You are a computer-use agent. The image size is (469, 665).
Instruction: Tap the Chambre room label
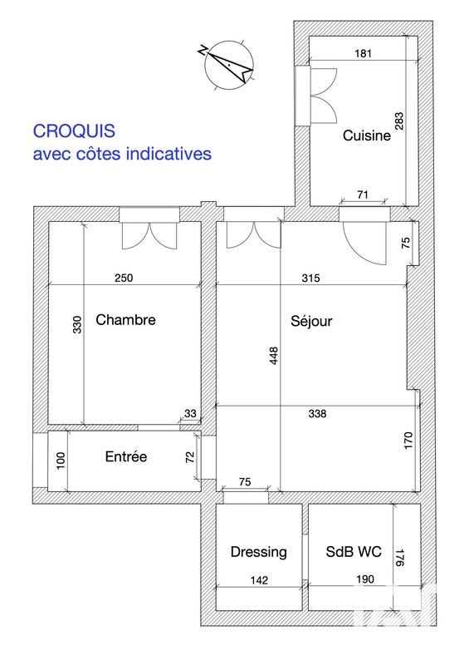(x=125, y=319)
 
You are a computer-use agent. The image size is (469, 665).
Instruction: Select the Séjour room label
(x=311, y=321)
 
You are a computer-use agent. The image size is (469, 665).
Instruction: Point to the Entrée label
(x=125, y=456)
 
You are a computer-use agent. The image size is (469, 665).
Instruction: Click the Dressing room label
(x=258, y=551)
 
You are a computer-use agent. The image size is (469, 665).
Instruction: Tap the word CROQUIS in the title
(x=74, y=131)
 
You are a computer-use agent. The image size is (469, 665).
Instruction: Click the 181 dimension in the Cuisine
(x=362, y=53)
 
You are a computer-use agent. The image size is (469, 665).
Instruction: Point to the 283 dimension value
(x=398, y=122)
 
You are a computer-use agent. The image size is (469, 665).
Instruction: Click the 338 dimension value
(x=317, y=413)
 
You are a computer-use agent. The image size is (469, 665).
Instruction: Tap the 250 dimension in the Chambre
(x=123, y=278)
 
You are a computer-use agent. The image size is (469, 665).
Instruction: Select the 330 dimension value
(x=77, y=324)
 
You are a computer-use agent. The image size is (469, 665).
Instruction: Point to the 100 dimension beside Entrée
(x=59, y=460)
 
